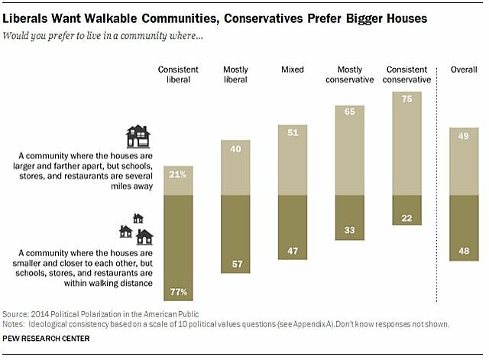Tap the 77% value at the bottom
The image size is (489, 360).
click(x=177, y=291)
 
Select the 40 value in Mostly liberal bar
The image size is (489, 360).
click(x=238, y=150)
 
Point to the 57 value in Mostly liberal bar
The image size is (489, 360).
click(x=238, y=264)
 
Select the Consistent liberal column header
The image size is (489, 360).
click(x=178, y=73)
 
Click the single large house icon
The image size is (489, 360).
click(x=138, y=138)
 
